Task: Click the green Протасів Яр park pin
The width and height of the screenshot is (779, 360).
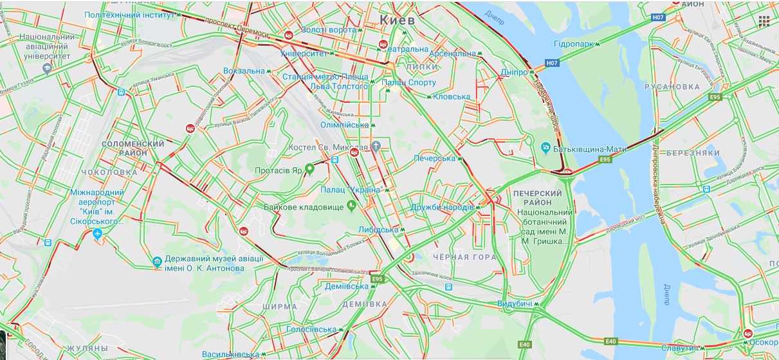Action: [x=309, y=169]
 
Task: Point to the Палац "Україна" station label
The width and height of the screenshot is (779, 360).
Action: [x=352, y=190]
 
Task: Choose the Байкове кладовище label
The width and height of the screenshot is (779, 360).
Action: [x=304, y=207]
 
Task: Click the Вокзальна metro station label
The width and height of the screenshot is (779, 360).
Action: [x=244, y=71]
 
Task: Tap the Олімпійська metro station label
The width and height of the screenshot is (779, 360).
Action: [x=345, y=125]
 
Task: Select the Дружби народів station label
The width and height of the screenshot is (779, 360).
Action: [x=442, y=207]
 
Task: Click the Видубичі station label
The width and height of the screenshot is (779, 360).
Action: [x=515, y=303]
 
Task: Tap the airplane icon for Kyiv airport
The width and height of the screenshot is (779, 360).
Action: [x=97, y=233]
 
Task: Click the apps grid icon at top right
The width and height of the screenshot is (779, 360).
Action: [x=764, y=21]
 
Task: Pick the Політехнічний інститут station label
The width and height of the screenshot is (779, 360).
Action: [x=129, y=15]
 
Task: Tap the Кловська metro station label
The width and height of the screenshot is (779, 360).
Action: [x=452, y=97]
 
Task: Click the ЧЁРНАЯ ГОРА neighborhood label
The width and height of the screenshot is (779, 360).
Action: [x=464, y=257]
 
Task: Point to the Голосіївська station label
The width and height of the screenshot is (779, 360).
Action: [x=313, y=329]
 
